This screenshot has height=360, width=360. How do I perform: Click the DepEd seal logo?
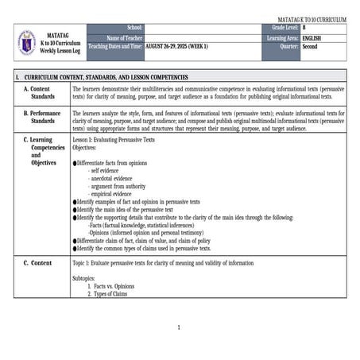click(26, 42)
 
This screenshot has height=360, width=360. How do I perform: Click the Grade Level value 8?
click(304, 28)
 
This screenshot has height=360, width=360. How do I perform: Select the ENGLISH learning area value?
click(312, 37)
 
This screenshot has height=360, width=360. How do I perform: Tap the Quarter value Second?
click(311, 47)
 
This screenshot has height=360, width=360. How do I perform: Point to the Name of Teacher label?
click(124, 37)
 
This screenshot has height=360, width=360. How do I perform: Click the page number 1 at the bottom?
click(180, 327)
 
